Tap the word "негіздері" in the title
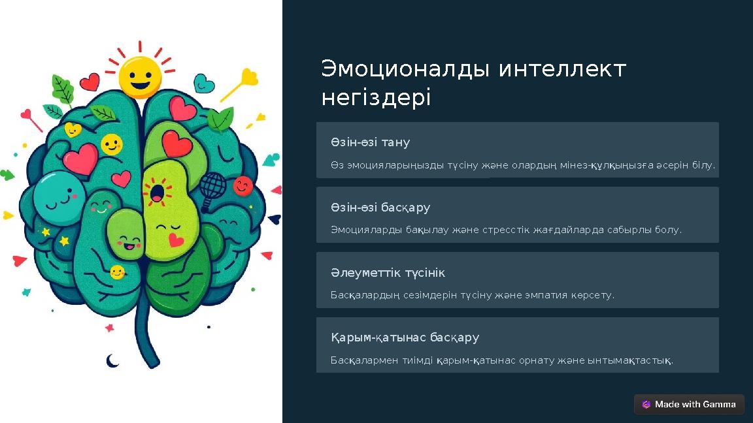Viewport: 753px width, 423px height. [376, 98]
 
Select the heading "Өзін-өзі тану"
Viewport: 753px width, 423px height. [370, 142]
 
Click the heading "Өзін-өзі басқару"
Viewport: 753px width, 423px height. [380, 208]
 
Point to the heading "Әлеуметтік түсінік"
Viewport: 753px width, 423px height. [388, 273]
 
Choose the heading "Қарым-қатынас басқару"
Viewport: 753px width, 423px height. [405, 337]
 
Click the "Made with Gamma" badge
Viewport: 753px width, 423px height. [689, 404]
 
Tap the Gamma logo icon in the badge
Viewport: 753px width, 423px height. [646, 405]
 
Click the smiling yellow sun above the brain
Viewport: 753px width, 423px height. [140, 76]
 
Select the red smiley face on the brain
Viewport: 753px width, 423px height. [243, 187]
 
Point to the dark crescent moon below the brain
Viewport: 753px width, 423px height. [112, 360]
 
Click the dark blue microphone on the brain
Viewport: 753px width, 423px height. [210, 190]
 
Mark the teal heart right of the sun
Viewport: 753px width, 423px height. [204, 84]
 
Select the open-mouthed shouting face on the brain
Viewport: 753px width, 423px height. [158, 193]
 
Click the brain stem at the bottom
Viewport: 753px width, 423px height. [148, 339]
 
